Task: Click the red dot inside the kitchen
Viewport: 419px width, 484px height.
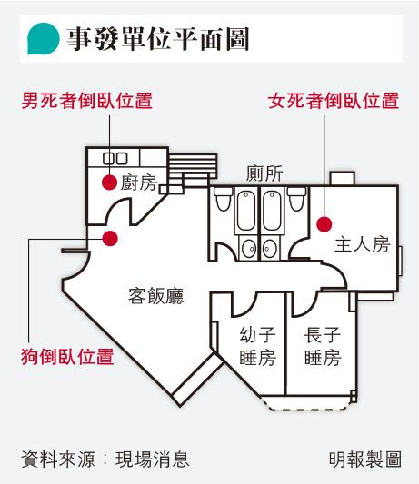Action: click(109, 183)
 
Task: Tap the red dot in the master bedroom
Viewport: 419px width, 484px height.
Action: click(324, 223)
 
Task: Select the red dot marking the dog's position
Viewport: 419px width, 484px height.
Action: click(110, 238)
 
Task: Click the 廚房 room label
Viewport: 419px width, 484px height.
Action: click(139, 183)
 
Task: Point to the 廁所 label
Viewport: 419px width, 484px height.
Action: click(264, 173)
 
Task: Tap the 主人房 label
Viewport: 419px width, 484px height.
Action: click(363, 244)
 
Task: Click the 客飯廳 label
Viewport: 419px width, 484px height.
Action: click(156, 296)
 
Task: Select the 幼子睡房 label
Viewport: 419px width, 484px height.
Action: click(258, 346)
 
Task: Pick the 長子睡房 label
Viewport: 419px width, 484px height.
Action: click(323, 346)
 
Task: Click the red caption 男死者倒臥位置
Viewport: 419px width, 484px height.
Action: click(87, 100)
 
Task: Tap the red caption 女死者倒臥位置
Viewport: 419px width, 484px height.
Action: click(334, 100)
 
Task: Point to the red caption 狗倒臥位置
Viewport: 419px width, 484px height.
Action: click(67, 357)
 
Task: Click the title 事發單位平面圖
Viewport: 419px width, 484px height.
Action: click(158, 39)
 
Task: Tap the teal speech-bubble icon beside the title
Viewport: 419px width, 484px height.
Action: click(43, 38)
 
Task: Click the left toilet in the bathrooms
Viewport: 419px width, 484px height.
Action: click(223, 199)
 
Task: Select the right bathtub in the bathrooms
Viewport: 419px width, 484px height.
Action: click(272, 211)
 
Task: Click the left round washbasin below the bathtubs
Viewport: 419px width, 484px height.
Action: click(249, 248)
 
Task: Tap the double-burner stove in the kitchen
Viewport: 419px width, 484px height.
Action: click(115, 159)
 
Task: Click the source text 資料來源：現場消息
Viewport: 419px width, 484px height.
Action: click(105, 459)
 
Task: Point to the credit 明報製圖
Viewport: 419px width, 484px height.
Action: click(365, 459)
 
